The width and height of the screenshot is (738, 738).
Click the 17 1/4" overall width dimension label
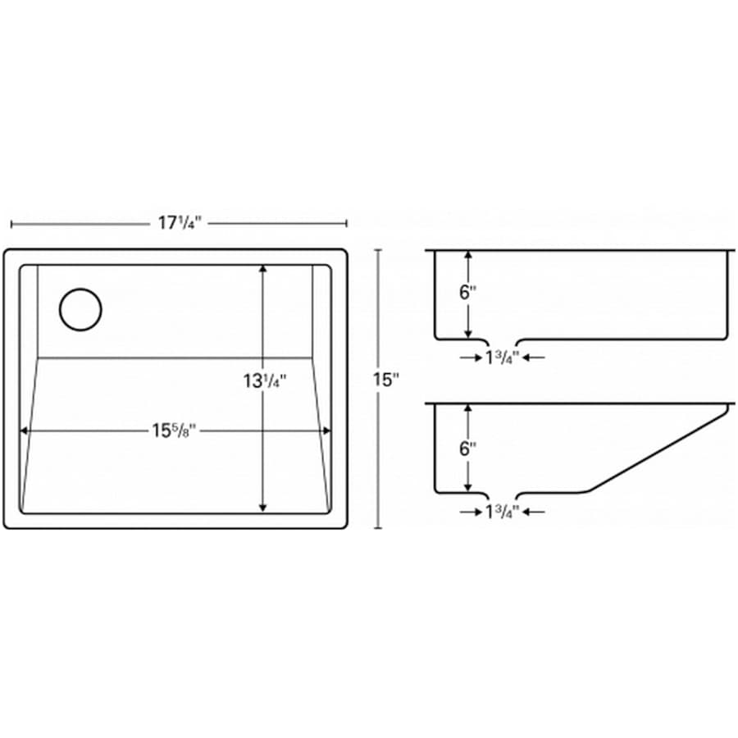coord(180,222)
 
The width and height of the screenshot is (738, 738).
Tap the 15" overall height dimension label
coord(386,380)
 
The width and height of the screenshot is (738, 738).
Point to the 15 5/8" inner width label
coord(173,430)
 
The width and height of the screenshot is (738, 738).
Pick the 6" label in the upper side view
coord(468,292)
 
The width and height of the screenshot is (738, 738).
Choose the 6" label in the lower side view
coord(468,449)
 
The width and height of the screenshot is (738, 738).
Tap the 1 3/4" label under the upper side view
coord(502,358)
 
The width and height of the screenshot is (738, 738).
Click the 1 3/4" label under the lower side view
coord(502,512)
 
